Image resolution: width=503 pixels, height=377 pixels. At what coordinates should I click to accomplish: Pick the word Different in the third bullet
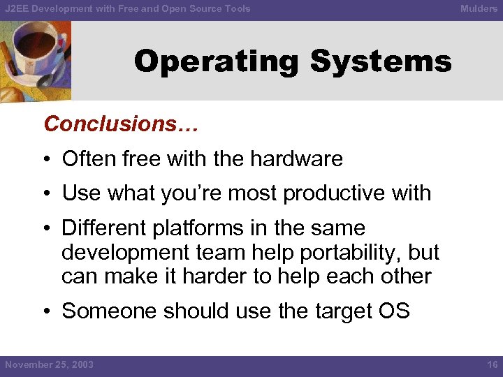point(104,228)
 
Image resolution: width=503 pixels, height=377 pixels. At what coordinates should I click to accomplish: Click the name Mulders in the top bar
point(479,8)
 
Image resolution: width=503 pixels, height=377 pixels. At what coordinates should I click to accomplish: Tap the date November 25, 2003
point(49,364)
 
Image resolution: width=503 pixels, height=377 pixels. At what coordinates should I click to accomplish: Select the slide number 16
point(491,364)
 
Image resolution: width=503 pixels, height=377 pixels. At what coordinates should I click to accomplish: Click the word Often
point(84,159)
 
